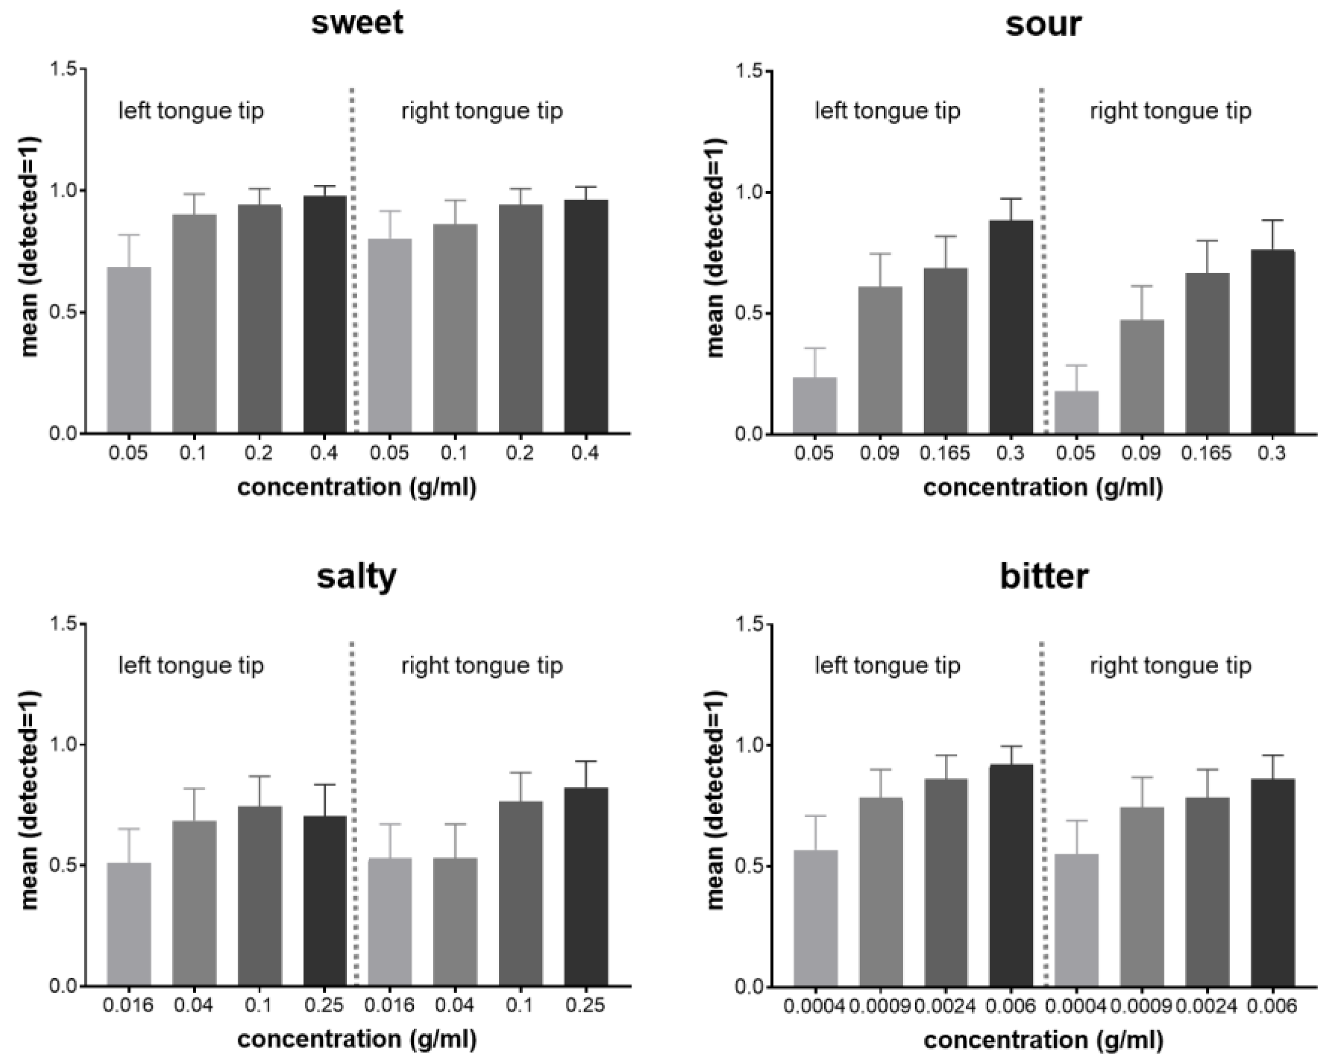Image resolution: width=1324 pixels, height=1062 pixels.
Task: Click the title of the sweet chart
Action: tap(357, 23)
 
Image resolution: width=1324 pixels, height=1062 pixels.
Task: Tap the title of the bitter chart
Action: tap(1044, 577)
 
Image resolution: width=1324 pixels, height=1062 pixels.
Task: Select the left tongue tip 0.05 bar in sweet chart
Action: tap(129, 350)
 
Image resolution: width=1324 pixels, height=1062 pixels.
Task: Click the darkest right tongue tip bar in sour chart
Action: tap(1272, 341)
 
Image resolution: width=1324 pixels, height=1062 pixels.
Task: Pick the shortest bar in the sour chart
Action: tap(1076, 412)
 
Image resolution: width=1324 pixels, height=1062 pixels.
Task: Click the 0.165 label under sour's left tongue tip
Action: tap(945, 454)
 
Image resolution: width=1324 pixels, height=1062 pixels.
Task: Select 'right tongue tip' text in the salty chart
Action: tap(482, 666)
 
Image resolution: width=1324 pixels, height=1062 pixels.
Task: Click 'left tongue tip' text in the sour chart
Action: tap(887, 111)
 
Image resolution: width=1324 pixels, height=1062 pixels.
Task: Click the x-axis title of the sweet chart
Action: tap(357, 487)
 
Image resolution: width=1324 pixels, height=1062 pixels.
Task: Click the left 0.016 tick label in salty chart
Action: tap(128, 1005)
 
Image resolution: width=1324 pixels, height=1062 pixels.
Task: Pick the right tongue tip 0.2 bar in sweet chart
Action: tap(520, 319)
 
